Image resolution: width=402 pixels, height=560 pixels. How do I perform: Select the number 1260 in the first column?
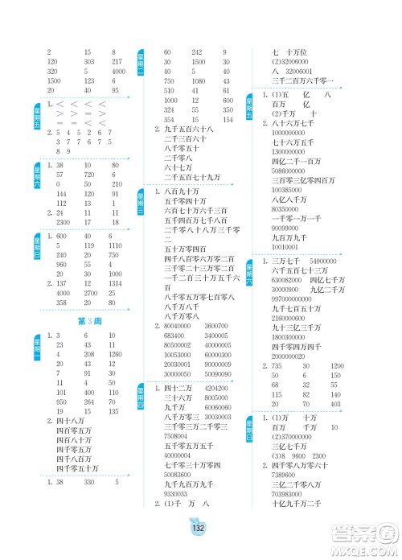click(x=116, y=354)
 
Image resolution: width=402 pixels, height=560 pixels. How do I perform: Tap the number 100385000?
click(x=290, y=188)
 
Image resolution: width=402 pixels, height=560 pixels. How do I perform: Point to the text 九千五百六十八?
click(x=190, y=129)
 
